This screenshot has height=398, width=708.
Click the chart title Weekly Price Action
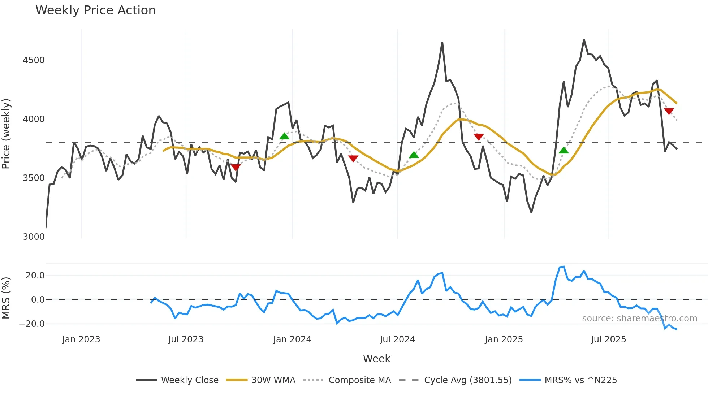(95, 10)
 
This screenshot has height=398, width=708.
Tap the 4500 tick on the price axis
(34, 60)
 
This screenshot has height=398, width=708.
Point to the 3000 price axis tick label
(34, 237)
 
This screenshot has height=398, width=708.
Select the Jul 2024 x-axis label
(397, 339)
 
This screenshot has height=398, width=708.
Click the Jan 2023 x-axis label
(81, 339)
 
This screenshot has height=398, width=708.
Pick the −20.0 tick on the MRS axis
(32, 324)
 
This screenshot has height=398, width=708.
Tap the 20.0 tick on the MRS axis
(35, 276)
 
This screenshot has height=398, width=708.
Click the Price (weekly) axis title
(6, 134)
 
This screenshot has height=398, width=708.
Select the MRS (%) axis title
(6, 298)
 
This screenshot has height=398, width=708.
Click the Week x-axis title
(376, 359)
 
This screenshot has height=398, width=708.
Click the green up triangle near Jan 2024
(284, 136)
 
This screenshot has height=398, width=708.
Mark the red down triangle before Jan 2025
(479, 137)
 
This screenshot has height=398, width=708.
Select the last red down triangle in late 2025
(669, 111)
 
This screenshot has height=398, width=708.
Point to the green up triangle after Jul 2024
(414, 155)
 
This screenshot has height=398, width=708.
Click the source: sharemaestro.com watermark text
(639, 319)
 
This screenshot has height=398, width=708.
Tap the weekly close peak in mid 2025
(584, 40)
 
